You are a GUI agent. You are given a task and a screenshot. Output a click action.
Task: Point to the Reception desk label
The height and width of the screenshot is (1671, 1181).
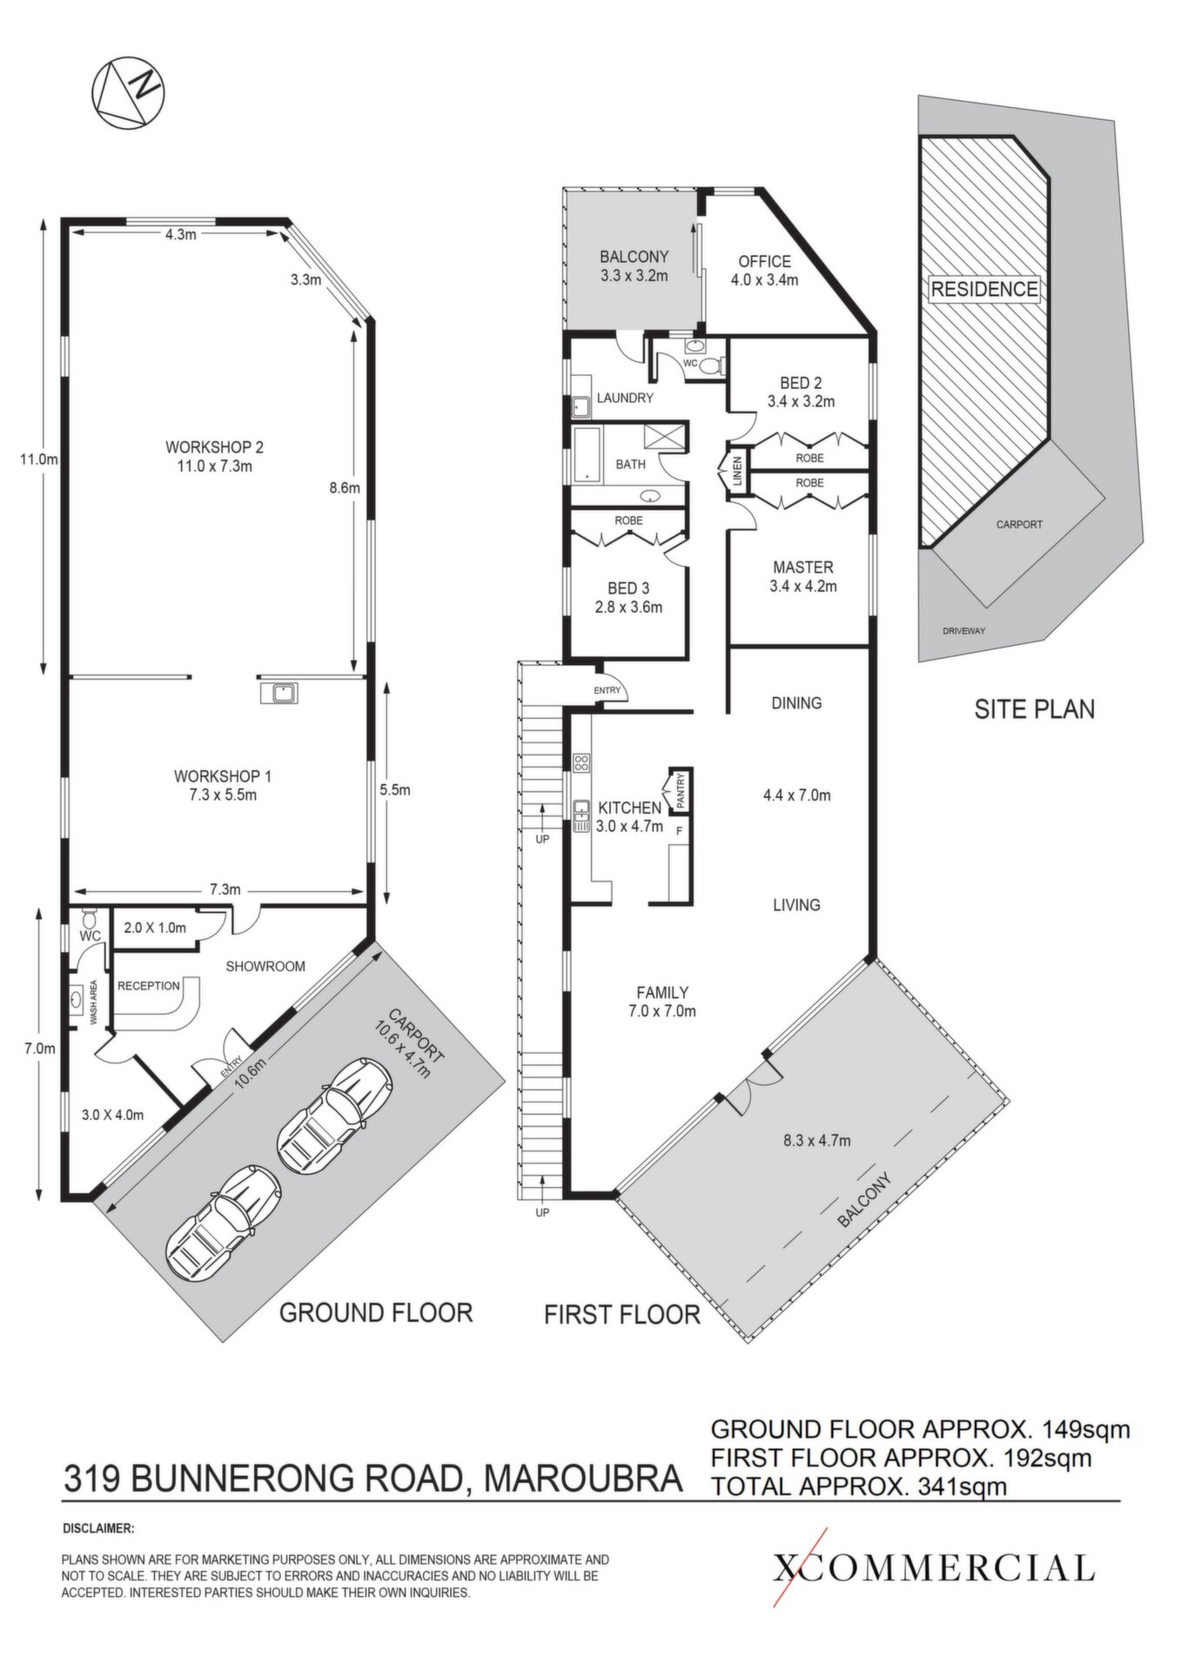pos(149,986)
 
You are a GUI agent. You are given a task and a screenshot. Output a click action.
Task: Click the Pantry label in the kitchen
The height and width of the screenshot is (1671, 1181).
pos(681,790)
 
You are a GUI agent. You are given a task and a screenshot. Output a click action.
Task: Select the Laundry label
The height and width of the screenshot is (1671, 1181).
pos(625,399)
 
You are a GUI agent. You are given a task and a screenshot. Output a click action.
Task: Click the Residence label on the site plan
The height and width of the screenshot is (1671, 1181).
pos(984,289)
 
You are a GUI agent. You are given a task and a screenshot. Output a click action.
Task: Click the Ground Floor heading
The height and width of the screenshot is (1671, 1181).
pos(375,1312)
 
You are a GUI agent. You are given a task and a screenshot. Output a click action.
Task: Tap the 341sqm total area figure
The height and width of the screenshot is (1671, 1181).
pos(963,1486)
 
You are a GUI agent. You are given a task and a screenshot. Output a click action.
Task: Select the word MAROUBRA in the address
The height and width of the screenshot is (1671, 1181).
pos(582,1479)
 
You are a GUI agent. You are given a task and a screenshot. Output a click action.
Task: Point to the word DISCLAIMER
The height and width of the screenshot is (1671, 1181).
pos(98,1527)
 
